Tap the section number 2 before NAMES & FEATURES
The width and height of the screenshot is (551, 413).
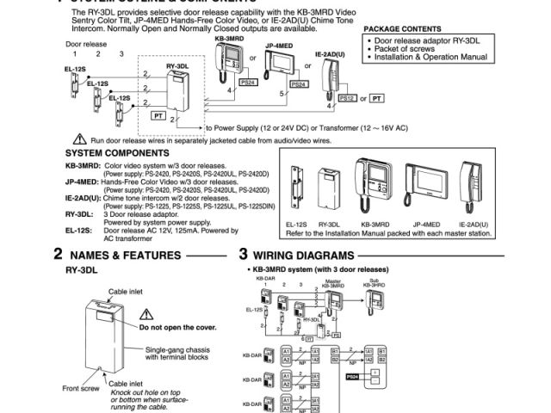[58, 255]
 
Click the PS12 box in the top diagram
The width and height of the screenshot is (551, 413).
[348, 99]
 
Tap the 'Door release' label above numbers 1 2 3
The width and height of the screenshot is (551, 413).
[84, 42]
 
